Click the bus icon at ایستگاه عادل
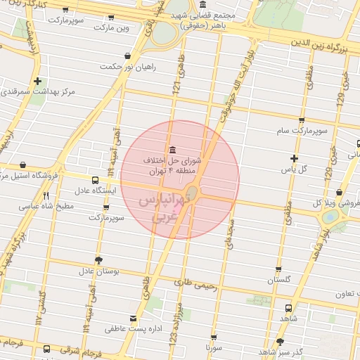pyautogui.click(x=95, y=179)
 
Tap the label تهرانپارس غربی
pyautogui.click(x=157, y=210)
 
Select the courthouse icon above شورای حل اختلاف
pyautogui.click(x=173, y=148)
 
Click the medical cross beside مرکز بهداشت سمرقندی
pyautogui.click(x=37, y=81)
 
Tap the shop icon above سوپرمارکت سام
pyautogui.click(x=302, y=120)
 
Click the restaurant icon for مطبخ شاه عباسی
pyautogui.click(x=46, y=196)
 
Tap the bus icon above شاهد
pyautogui.click(x=288, y=307)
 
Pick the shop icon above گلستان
pyautogui.click(x=278, y=269)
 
